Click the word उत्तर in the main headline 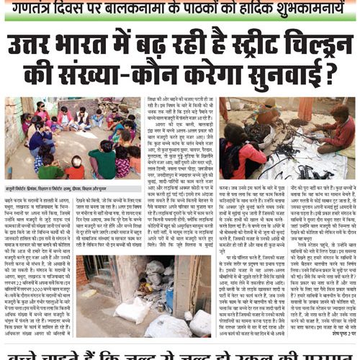[36, 45]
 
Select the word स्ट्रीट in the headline [237, 45]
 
